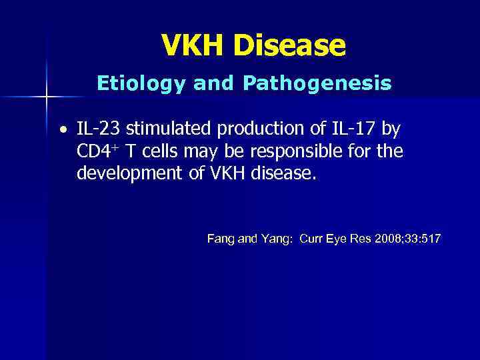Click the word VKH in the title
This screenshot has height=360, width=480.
[x=193, y=45]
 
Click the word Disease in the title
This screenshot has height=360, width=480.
[x=289, y=45]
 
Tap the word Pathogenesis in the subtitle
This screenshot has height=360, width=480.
[x=317, y=83]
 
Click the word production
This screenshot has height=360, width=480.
[x=248, y=129]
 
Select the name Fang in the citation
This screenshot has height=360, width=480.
[x=219, y=238]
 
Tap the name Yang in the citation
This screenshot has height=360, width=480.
[x=275, y=238]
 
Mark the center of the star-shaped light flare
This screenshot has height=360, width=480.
[x=47, y=97]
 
